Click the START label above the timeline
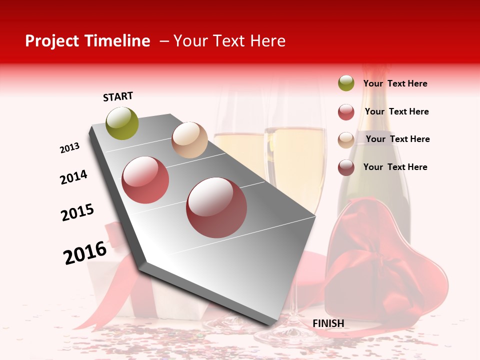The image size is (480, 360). [x=118, y=96]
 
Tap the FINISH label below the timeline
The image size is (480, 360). [x=328, y=323]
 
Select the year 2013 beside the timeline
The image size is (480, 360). [x=69, y=148]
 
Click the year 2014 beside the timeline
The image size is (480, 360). [x=73, y=177]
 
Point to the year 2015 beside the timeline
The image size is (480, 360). [x=77, y=212]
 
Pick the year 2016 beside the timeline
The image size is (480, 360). [x=85, y=252]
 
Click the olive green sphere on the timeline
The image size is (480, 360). [x=122, y=123]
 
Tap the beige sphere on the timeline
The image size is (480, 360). [x=189, y=140]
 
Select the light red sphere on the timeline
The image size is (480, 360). [x=145, y=180]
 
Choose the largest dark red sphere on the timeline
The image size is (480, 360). [x=216, y=207]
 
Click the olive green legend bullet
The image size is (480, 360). [x=346, y=83]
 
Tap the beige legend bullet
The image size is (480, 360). [x=346, y=139]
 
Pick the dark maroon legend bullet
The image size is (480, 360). [x=346, y=167]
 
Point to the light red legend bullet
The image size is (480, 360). [x=346, y=112]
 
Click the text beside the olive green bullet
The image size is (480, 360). [x=395, y=83]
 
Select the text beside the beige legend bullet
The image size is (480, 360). [x=397, y=139]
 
